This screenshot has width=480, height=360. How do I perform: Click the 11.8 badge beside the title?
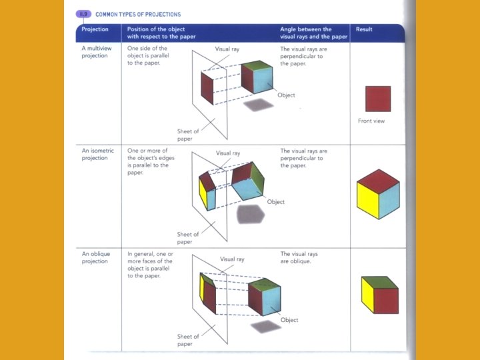[84, 14]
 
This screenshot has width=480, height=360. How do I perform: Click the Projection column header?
[95, 29]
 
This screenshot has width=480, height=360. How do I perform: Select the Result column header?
[364, 29]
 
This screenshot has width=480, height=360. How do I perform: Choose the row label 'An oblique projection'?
[95, 257]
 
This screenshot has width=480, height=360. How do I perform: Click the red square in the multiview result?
[378, 99]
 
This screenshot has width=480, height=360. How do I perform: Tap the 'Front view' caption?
[371, 121]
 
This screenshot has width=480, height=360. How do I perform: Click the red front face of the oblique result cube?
[385, 301]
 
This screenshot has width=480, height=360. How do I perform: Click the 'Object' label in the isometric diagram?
[275, 202]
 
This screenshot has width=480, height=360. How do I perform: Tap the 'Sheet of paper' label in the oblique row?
[187, 340]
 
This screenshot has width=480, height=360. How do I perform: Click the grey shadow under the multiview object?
[259, 105]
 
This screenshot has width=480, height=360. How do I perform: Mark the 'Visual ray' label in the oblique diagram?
[232, 259]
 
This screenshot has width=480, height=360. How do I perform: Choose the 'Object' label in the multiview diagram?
[286, 95]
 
